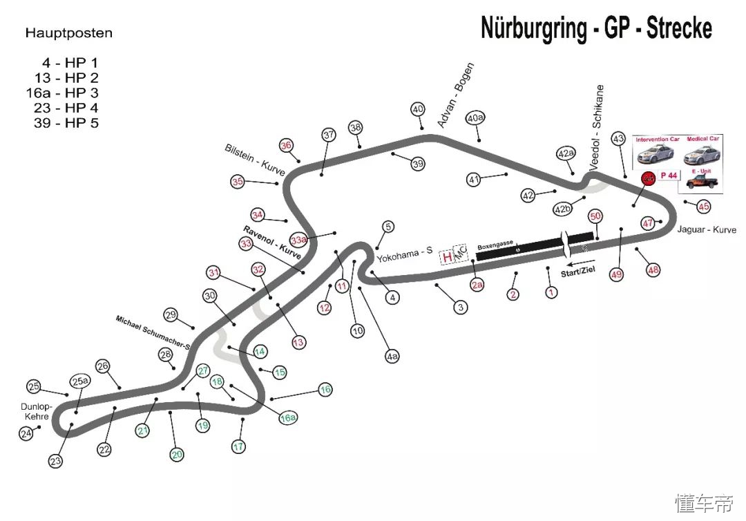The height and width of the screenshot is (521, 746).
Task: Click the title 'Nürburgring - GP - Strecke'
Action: click(596, 28)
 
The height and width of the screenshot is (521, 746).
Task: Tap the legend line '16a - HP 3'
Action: click(61, 93)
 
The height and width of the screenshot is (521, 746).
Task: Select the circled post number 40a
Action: click(475, 118)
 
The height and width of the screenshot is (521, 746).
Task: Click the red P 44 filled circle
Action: click(648, 178)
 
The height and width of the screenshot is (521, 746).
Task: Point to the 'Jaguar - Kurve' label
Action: click(707, 229)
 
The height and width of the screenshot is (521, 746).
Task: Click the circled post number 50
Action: click(595, 216)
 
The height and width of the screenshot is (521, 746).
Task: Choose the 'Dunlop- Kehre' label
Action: click(34, 412)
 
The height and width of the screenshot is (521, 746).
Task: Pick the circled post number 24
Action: click(26, 434)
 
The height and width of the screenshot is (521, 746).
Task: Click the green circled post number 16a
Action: click(288, 418)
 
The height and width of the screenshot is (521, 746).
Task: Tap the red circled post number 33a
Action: click(298, 240)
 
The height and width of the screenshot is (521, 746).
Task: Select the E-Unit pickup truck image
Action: click(702, 181)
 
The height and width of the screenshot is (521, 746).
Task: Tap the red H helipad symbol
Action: click(448, 257)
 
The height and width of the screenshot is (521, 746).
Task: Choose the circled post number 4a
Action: click(392, 357)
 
